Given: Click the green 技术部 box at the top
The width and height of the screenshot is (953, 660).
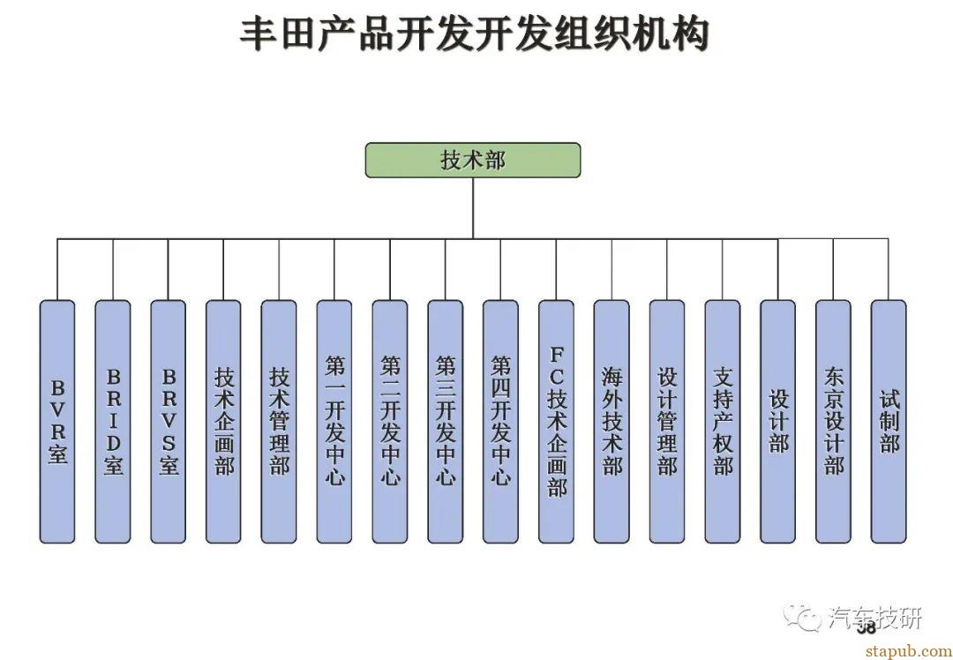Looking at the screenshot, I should (473, 160).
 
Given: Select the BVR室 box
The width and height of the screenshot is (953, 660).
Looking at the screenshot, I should (57, 421).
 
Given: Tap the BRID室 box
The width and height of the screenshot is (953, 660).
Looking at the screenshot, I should (113, 421).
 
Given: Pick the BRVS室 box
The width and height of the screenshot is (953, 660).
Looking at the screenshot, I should (169, 421).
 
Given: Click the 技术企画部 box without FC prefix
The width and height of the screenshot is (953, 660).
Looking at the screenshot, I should (224, 421).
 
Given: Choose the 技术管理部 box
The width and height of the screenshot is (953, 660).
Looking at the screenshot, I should (279, 421).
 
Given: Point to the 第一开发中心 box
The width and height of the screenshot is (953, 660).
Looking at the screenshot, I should (334, 421).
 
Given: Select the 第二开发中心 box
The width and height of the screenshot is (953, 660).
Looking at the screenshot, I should (390, 421).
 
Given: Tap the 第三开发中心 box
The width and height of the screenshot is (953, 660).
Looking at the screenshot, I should (446, 421).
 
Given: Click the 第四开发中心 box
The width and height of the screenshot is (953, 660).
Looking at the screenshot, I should (501, 421).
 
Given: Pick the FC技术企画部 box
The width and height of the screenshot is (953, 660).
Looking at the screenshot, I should (557, 421).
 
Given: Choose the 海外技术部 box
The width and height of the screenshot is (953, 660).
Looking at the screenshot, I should (612, 421).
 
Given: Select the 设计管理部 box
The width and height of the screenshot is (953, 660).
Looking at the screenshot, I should (667, 421).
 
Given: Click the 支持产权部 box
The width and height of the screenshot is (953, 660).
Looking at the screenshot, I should (723, 421).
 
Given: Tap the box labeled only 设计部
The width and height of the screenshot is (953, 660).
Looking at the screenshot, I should (778, 421).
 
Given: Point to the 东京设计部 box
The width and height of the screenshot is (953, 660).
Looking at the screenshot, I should (834, 421).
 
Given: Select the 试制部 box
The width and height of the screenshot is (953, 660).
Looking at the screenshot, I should (889, 421).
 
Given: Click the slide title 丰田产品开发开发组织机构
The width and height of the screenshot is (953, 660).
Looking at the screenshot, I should (475, 35).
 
